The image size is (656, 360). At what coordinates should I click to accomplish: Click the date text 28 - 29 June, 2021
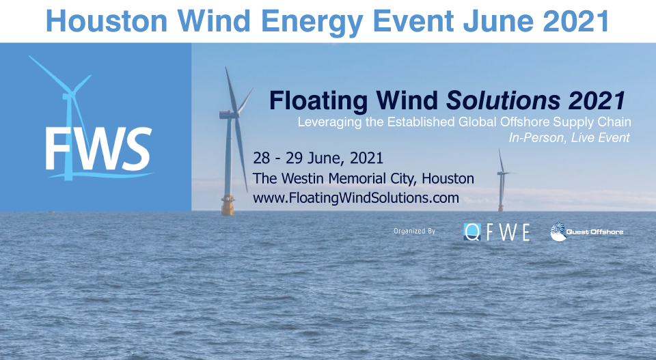318,158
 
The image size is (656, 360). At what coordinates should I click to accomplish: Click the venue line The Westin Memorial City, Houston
363,178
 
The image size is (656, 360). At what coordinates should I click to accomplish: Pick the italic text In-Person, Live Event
569,137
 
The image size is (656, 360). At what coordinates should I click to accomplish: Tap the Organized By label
414,231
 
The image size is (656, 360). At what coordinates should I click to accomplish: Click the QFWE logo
497,232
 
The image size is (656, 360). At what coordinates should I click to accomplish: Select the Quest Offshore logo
587,232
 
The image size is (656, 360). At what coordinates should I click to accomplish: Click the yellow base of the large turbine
228,203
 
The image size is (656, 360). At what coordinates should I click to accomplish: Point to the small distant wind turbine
502,183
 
